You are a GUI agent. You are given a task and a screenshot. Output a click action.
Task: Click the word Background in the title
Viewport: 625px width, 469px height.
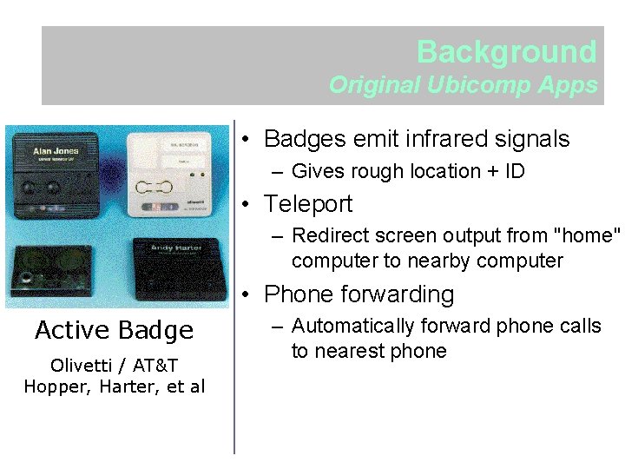click(506, 52)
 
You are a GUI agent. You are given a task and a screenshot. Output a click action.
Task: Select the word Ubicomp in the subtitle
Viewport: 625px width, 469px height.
click(468, 85)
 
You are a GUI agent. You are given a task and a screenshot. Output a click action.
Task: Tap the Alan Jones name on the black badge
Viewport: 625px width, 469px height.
click(56, 151)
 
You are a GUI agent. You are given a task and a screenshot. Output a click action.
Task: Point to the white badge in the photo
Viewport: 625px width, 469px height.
click(169, 174)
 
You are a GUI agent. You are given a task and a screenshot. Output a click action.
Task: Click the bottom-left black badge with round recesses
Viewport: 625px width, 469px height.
click(51, 269)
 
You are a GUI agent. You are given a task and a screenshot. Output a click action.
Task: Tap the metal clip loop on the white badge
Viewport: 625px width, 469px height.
click(155, 186)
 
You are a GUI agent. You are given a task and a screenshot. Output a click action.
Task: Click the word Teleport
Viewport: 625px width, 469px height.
click(308, 204)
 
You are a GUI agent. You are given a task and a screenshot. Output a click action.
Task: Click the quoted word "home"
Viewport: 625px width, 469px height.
click(591, 235)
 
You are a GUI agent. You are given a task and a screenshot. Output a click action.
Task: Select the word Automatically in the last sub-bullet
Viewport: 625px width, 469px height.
click(352, 327)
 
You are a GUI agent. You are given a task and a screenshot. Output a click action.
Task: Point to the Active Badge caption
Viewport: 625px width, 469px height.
click(114, 330)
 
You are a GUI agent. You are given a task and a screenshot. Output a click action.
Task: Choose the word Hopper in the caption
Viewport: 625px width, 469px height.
click(52, 386)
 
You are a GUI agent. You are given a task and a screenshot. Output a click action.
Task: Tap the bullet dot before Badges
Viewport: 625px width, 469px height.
click(247, 140)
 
